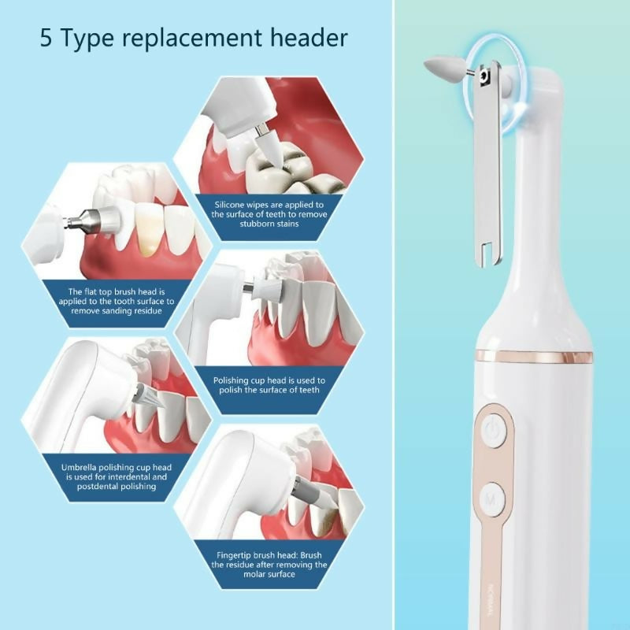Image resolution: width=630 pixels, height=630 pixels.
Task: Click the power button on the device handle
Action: coord(493,430)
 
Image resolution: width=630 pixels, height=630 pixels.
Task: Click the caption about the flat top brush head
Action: coord(116,301)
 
